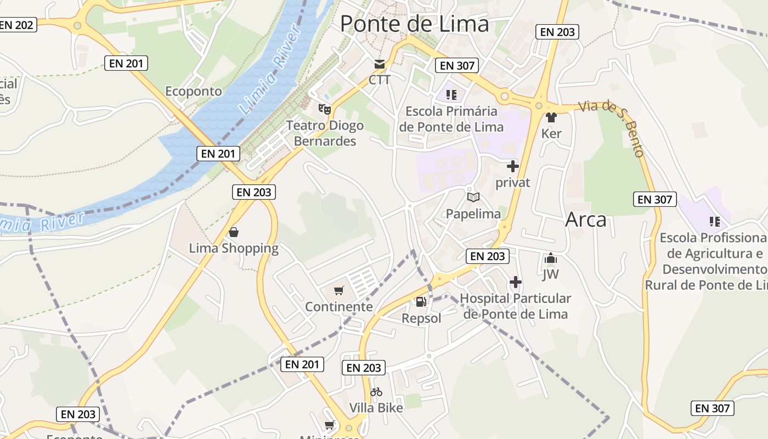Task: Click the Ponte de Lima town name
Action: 414,24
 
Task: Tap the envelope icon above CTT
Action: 379,64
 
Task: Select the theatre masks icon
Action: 325,109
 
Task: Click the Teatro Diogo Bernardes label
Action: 325,133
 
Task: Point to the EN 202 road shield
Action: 18,25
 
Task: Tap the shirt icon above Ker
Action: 551,117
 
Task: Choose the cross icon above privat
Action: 513,166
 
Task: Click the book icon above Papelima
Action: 473,197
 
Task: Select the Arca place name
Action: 586,219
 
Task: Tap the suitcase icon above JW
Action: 551,259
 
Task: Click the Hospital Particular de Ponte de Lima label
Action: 515,306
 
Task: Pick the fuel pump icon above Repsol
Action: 421,301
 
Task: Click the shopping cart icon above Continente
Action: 339,290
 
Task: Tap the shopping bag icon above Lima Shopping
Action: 234,232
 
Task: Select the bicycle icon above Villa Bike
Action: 376,392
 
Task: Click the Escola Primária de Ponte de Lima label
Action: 451,119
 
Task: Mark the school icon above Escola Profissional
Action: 714,222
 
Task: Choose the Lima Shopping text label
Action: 234,249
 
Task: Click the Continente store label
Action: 339,307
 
